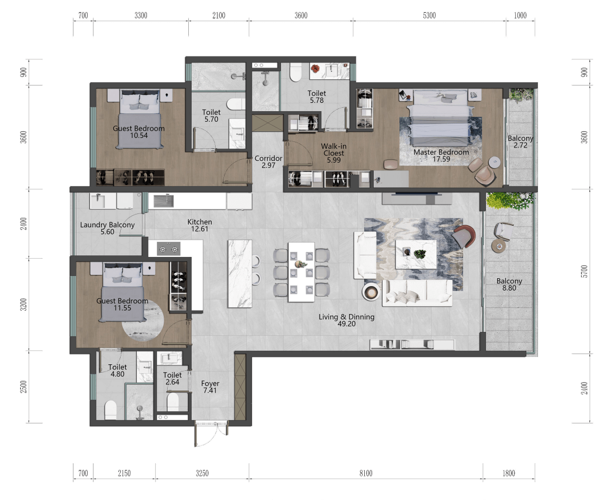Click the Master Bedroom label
(441, 152)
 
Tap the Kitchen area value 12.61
(199, 229)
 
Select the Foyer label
(210, 383)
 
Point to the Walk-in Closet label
(334, 150)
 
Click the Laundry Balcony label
(107, 225)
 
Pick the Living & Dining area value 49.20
(346, 324)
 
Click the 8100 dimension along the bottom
(366, 473)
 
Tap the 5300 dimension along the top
(429, 16)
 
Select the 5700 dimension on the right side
(584, 272)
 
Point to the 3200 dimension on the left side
(23, 304)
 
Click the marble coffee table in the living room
(416, 254)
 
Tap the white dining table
(302, 272)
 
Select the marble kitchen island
(240, 274)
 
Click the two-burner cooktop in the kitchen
(169, 249)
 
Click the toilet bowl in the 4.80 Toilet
(111, 410)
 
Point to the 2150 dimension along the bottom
(124, 473)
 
